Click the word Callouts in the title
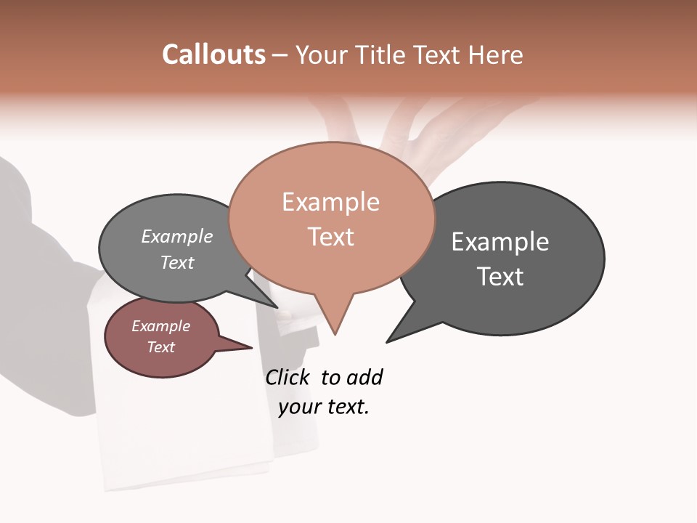(x=213, y=54)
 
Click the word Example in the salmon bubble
(x=330, y=202)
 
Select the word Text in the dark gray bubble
(x=500, y=277)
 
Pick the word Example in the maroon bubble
(x=160, y=326)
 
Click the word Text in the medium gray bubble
(x=177, y=262)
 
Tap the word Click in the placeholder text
(x=287, y=377)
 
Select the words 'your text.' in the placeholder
(x=324, y=407)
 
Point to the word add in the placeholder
(x=364, y=377)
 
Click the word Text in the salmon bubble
(x=331, y=237)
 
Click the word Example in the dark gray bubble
(x=500, y=241)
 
